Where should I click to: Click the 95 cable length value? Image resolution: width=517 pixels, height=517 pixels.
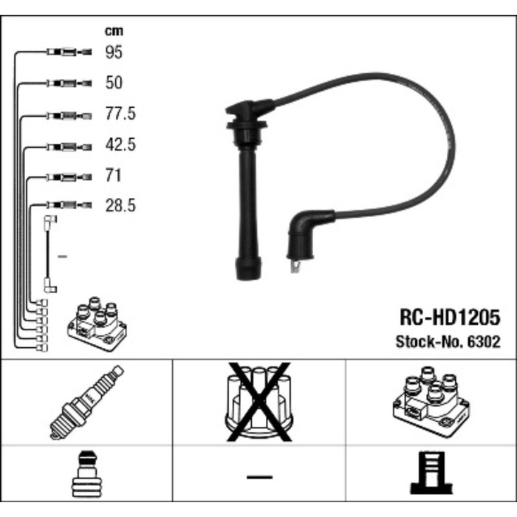[114, 52]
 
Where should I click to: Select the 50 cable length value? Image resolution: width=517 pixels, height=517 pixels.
[114, 83]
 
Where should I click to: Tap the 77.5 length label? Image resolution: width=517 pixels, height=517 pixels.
[121, 114]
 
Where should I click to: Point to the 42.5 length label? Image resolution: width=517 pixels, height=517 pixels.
[121, 145]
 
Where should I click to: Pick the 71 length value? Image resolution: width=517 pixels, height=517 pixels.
[114, 176]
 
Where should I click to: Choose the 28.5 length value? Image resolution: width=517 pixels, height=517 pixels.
[121, 206]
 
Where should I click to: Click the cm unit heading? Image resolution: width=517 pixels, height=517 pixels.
[113, 31]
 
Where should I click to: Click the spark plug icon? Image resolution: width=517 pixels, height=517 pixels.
[86, 402]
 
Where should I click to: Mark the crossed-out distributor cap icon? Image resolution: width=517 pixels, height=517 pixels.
[258, 402]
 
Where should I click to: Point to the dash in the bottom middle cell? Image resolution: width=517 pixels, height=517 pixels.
[258, 477]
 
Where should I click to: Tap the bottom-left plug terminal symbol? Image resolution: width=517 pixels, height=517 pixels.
[86, 477]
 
